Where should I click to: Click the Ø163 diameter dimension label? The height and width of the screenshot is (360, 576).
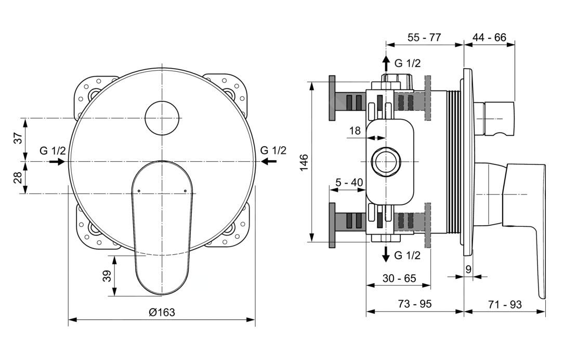point(162,312)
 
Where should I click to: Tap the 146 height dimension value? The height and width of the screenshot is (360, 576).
point(304,162)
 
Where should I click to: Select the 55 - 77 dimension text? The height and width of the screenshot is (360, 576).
point(424,37)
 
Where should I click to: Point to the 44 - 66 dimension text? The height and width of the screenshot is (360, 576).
point(489,37)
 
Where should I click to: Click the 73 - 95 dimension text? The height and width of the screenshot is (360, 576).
point(415,304)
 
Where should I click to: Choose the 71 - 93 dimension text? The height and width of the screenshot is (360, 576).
point(505,304)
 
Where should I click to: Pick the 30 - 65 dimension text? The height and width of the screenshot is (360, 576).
point(399,278)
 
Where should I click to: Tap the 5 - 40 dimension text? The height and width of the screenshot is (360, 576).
point(349,182)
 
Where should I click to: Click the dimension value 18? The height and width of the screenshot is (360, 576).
point(355,131)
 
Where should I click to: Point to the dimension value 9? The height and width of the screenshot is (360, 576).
point(468,269)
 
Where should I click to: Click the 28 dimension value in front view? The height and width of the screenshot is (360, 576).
point(18,177)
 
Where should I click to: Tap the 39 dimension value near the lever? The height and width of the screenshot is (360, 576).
point(107,276)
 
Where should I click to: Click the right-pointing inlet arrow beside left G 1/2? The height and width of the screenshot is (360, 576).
point(57,161)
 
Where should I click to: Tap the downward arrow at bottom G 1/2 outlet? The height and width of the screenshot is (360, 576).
point(386,254)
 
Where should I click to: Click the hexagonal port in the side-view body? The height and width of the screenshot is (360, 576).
point(385,162)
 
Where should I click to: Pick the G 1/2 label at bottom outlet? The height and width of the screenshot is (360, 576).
point(408,255)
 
